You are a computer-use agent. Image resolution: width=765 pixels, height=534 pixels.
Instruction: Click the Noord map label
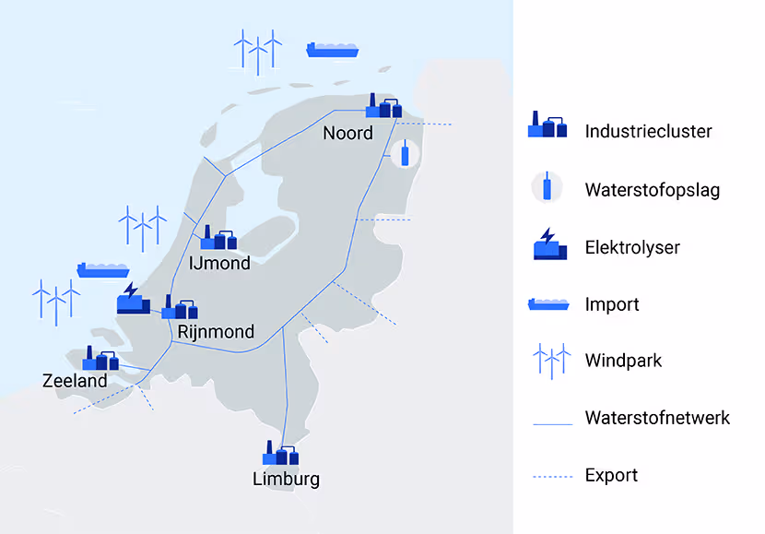coord(347,134)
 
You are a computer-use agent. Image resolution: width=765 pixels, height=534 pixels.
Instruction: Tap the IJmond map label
coord(218,264)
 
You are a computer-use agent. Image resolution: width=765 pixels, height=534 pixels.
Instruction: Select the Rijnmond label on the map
coord(217,331)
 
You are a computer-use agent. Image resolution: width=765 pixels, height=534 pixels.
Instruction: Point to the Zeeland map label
coord(75,381)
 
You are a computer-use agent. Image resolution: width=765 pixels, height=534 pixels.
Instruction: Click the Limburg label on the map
coord(286,479)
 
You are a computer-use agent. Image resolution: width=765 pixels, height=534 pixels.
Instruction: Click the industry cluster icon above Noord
coord(383,106)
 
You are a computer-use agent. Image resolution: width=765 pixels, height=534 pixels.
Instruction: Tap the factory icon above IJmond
coord(218,238)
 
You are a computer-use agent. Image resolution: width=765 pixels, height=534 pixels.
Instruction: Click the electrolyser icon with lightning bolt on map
coord(132,298)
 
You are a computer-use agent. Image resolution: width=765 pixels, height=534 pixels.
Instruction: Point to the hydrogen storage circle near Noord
coord(404,153)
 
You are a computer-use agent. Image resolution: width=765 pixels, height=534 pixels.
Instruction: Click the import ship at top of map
coord(332,49)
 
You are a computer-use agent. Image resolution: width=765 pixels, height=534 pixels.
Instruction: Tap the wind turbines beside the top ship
coord(257,51)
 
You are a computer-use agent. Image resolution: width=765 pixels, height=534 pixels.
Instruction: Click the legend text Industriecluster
coord(648,131)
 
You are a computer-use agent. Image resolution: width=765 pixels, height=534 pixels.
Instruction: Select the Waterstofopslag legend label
coord(652,190)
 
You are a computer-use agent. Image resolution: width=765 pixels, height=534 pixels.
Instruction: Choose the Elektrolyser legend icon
coord(547,245)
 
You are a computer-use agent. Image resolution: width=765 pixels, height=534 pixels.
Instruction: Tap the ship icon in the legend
coord(547,303)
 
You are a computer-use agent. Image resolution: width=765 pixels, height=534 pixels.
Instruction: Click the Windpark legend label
coord(623,361)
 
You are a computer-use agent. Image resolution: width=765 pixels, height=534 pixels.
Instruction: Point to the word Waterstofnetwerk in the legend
coord(657,418)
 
